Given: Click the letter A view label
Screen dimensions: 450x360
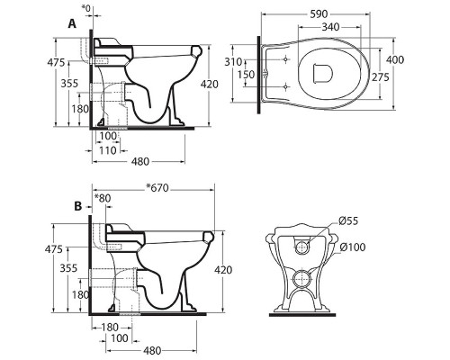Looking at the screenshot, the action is point(72,23).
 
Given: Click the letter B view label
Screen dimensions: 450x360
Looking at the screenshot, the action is point(77,206).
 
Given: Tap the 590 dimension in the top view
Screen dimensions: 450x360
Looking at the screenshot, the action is point(319,13).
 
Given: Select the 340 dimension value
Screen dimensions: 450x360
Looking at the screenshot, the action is point(330,27).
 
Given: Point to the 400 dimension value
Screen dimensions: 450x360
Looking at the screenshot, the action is point(395,59).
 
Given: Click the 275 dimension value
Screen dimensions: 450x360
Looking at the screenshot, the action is point(381,77).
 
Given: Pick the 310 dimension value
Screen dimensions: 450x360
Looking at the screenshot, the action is point(233,62).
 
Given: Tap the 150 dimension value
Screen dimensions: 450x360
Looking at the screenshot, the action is point(246,75).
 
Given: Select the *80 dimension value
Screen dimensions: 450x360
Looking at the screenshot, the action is point(103,198).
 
